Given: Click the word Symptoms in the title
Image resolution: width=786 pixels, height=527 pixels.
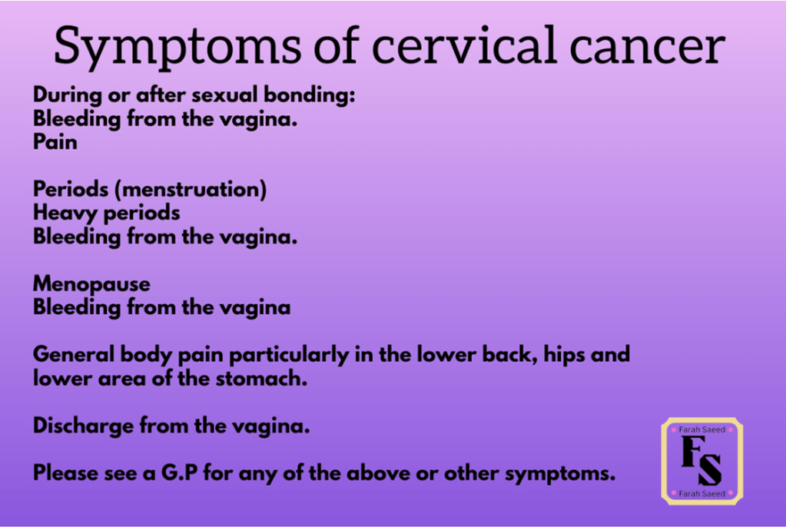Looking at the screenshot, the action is (177, 48).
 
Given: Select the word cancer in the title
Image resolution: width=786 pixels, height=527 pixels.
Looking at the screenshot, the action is (647, 51).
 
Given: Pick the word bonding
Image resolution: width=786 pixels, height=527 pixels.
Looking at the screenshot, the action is (310, 94).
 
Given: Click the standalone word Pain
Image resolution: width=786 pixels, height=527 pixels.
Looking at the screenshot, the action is (55, 142).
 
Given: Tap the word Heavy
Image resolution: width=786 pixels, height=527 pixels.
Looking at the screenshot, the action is (65, 214).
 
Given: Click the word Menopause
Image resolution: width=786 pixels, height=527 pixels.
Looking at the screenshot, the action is (91, 284).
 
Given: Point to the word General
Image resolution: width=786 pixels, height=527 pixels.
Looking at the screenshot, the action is (74, 354).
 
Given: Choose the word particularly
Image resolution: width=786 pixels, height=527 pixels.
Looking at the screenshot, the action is (289, 356).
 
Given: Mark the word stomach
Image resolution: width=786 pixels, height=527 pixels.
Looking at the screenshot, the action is (261, 379).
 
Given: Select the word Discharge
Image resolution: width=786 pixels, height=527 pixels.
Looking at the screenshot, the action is (83, 426).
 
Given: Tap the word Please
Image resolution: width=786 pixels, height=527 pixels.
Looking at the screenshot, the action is (65, 473).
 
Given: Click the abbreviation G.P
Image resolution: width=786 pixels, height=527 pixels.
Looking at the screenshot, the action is (179, 473).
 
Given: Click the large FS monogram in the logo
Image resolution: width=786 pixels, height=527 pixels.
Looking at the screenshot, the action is (701, 460).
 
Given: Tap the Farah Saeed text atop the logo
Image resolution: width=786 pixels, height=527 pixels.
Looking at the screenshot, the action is (701, 429).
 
